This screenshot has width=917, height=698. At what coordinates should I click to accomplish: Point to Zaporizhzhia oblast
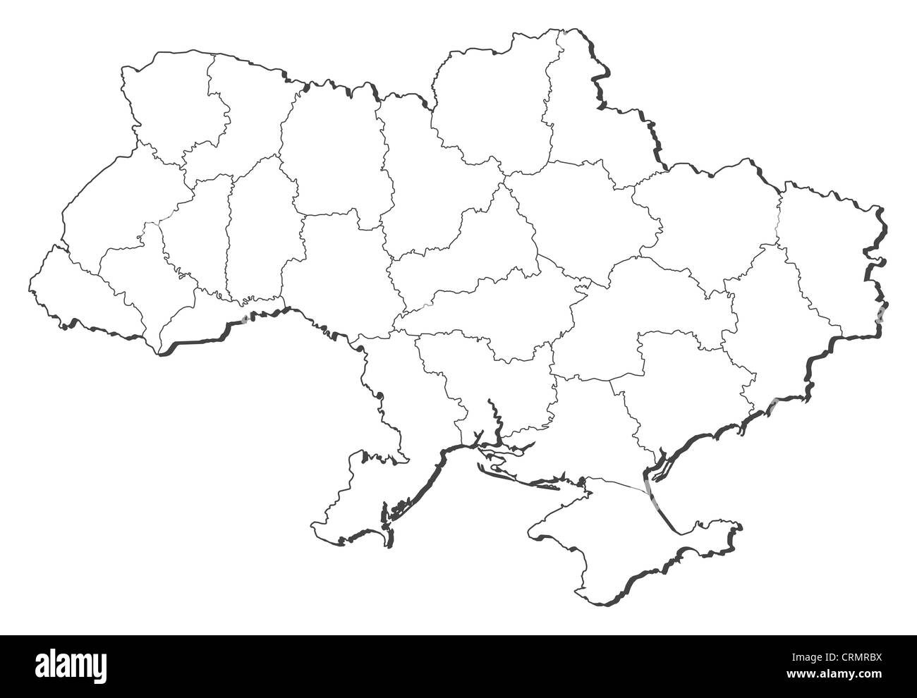tap(677, 395)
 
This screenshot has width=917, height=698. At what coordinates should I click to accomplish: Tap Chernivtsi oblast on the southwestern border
tap(212, 310)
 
